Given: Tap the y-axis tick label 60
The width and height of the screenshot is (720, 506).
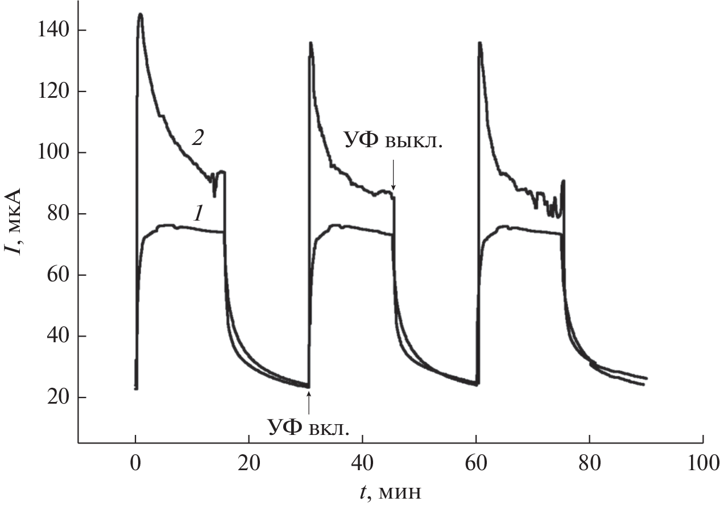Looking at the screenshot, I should pos(57,275).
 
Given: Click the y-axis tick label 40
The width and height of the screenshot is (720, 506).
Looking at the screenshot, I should pos(57,337).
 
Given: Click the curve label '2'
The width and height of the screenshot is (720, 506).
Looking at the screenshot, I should pos(197,139).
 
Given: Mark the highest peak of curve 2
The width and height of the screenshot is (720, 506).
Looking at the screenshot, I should pos(140,14).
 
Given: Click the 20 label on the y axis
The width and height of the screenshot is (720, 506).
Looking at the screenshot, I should pos(57,397).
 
